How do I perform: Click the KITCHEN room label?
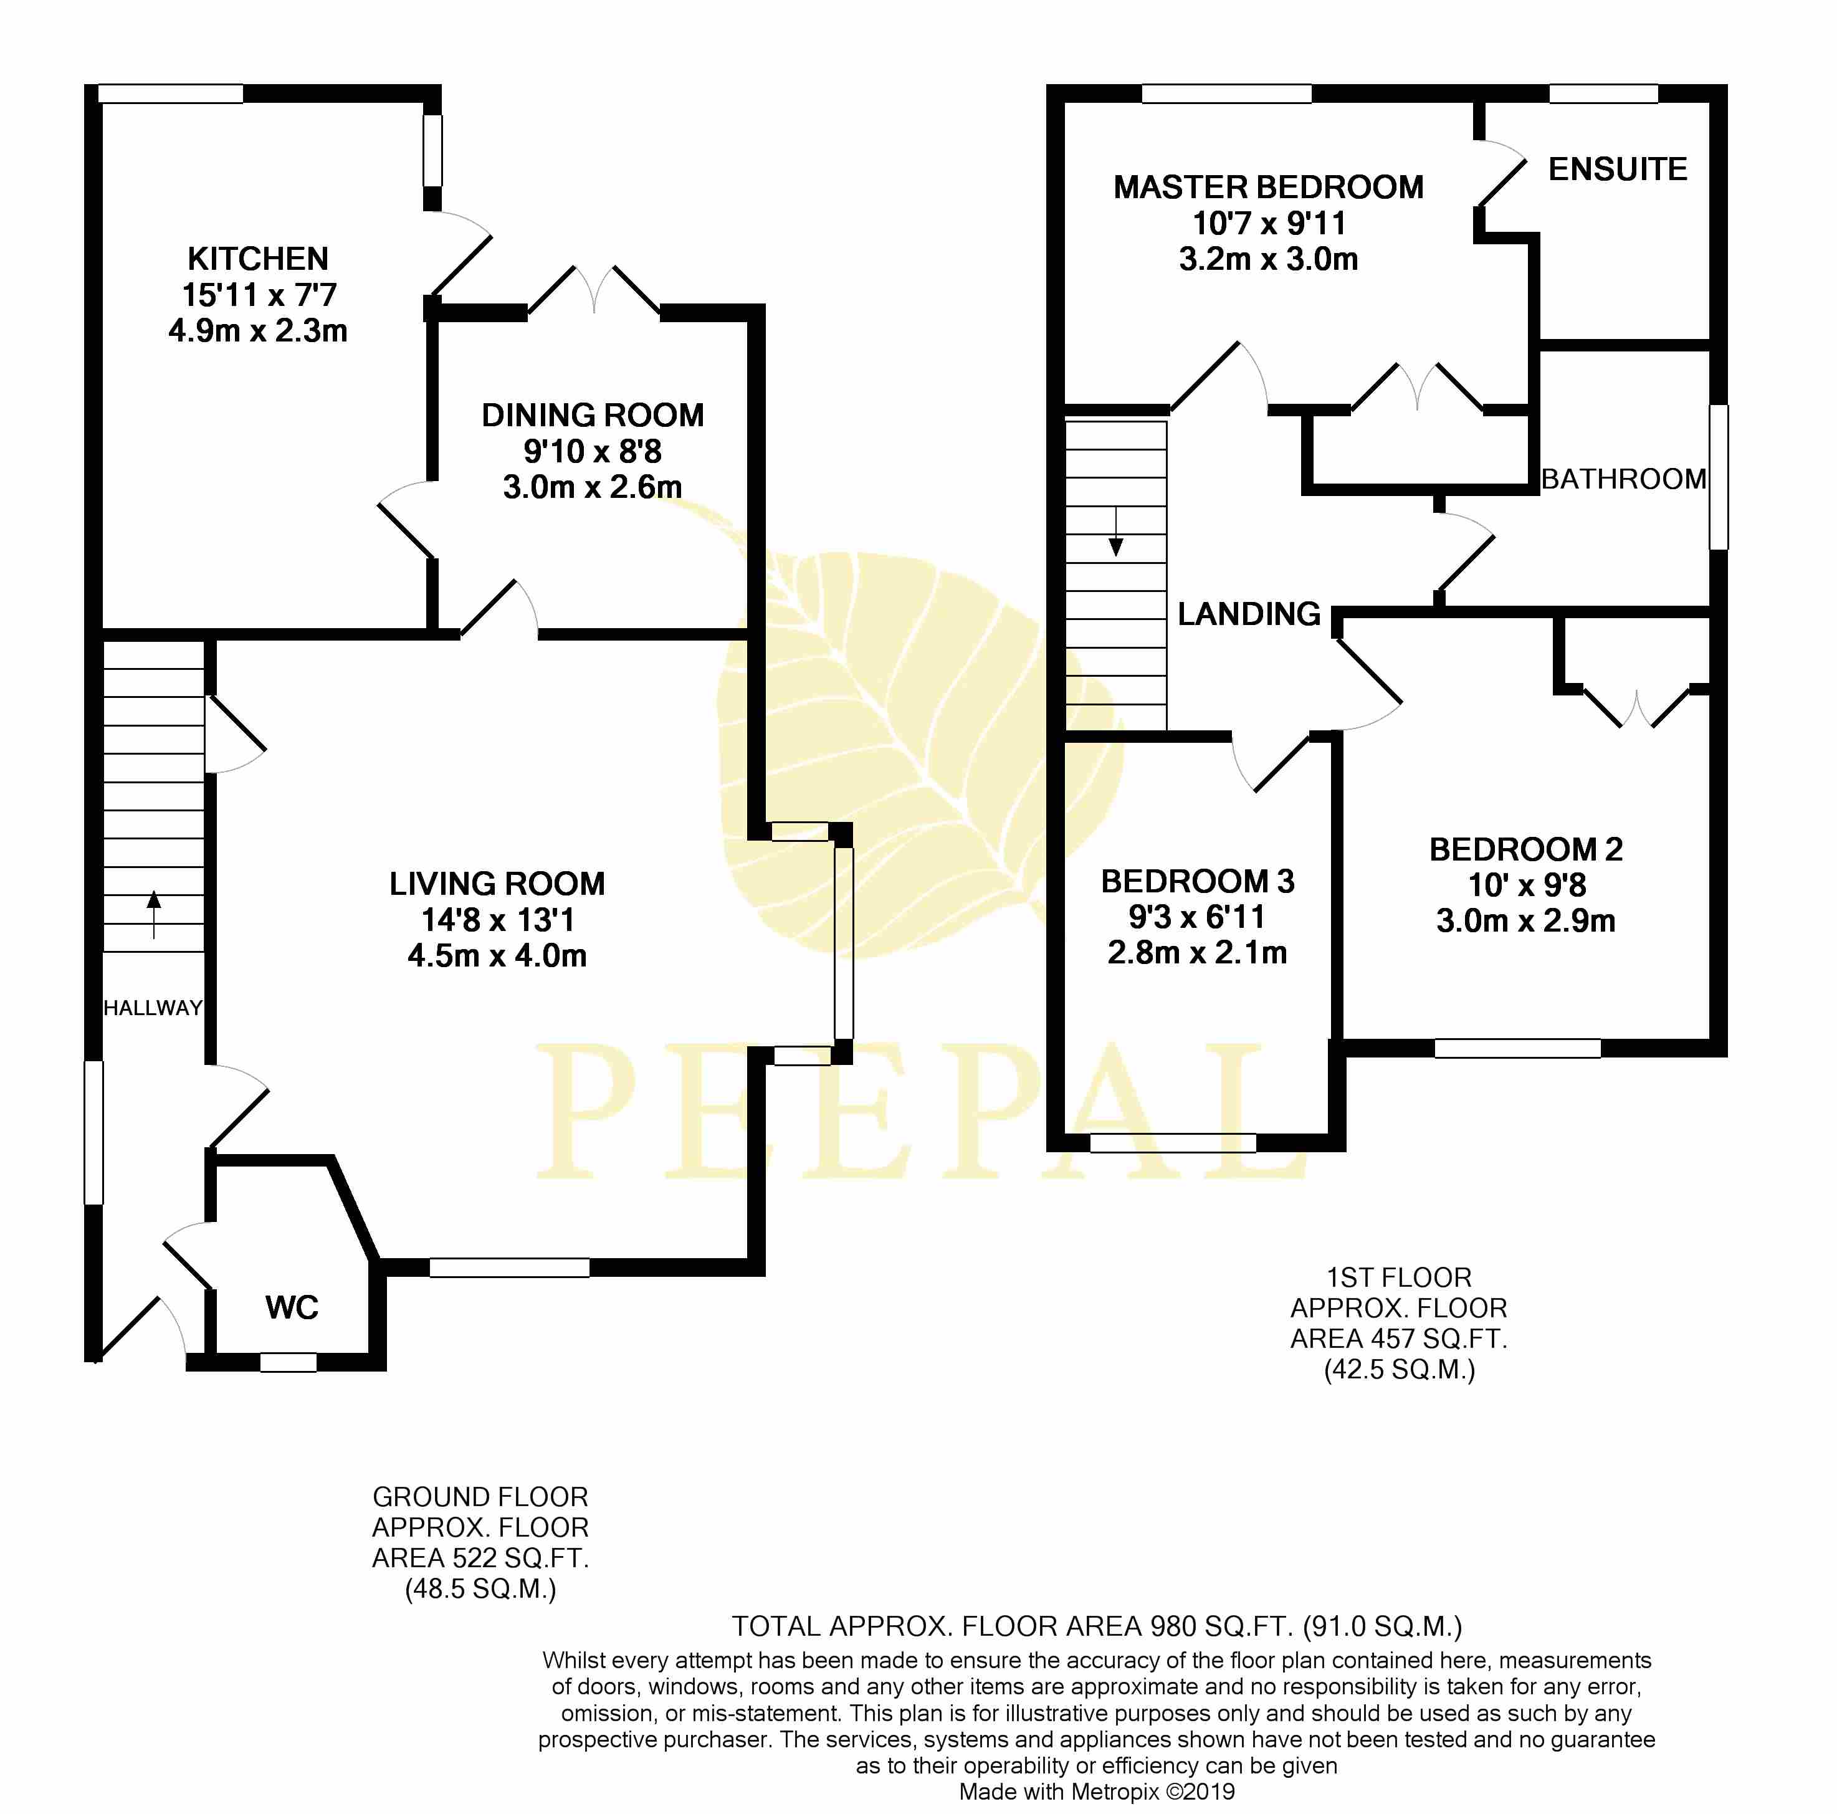258,259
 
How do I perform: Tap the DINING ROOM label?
593,416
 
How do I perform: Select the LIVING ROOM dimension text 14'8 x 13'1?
497,919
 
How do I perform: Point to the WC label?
292,1307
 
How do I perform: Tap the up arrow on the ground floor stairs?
154,915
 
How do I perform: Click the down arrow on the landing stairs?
1116,532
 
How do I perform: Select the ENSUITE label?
1618,169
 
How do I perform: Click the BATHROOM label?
1623,479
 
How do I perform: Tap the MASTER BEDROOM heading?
1269,188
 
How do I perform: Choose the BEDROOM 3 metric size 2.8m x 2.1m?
1197,953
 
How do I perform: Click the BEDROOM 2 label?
1525,849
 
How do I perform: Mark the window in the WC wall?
288,1362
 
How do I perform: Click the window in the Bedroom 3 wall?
1172,1143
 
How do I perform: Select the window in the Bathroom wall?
1718,476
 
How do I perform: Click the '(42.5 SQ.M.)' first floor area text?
1399,1370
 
